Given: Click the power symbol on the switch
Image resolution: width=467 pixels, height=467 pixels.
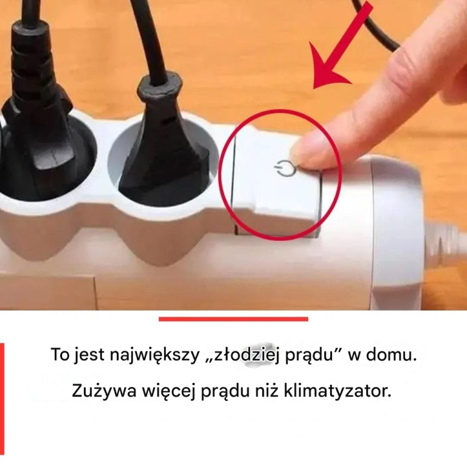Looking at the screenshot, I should pyautogui.click(x=285, y=168).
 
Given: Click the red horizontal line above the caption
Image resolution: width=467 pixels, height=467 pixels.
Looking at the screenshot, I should pyautogui.click(x=233, y=319).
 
